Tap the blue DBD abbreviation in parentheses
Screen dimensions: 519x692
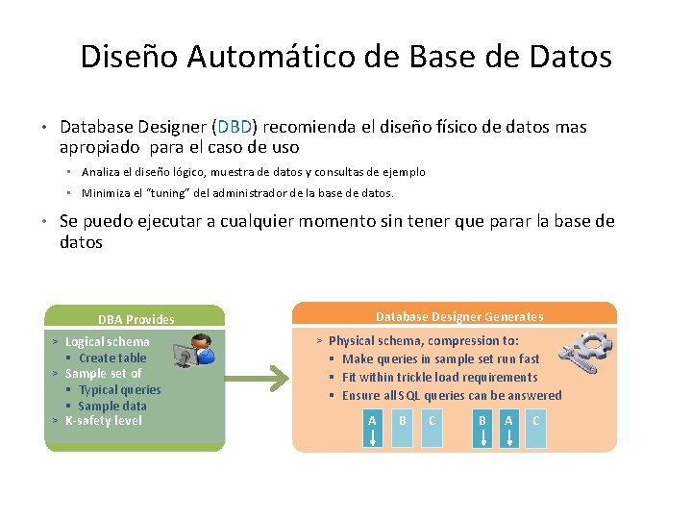point(234,127)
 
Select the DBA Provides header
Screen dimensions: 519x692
point(136,319)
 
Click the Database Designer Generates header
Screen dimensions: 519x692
point(458,316)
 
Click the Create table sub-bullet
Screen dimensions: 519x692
point(112,358)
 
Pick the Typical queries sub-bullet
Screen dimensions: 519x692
point(119,389)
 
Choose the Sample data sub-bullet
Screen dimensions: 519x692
point(112,406)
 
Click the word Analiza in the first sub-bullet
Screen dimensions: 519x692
point(101,172)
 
